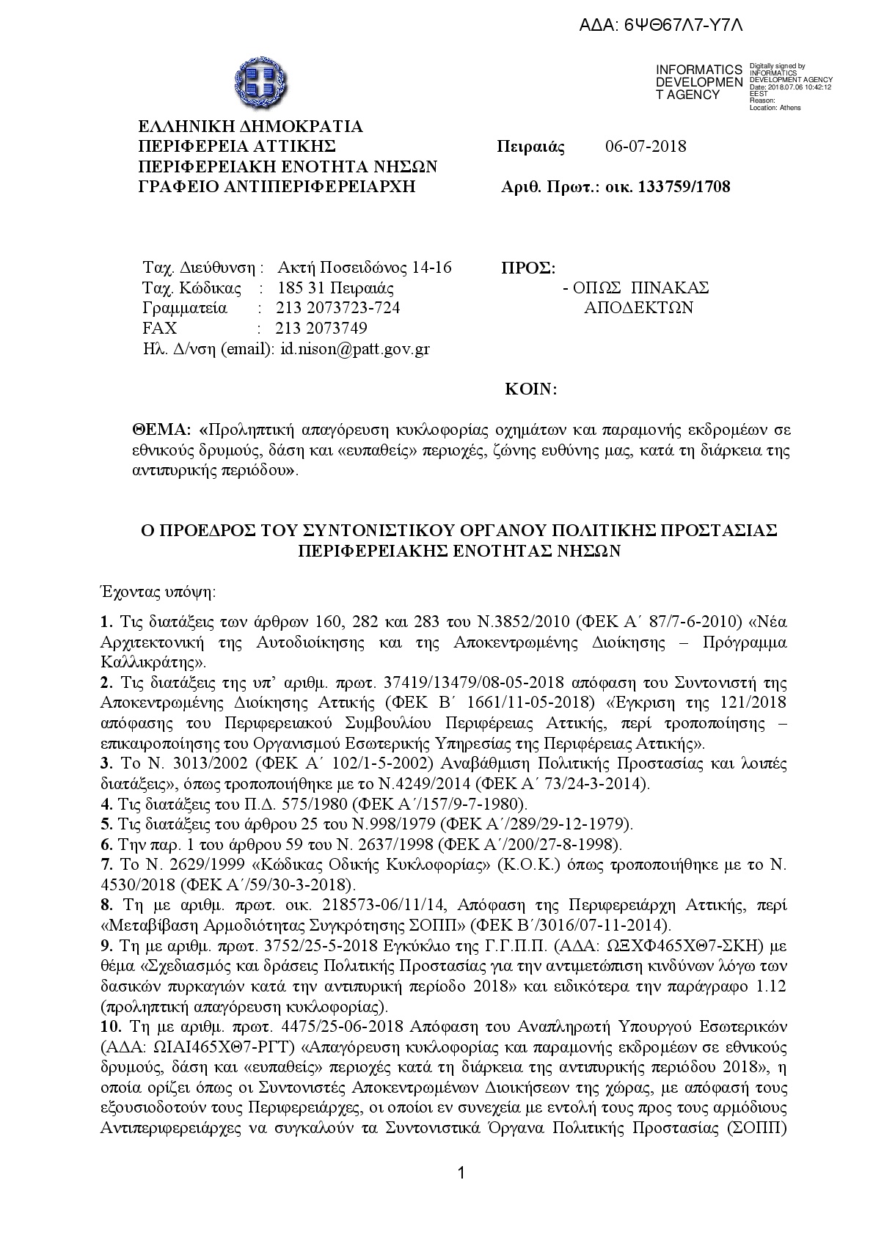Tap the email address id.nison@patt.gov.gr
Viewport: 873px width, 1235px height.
(355, 349)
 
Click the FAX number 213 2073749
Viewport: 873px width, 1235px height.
(321, 329)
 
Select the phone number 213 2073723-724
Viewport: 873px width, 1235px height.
(338, 308)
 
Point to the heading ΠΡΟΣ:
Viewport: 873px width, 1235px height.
(527, 267)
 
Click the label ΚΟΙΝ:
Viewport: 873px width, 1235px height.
(531, 389)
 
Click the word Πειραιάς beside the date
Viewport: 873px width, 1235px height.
(531, 146)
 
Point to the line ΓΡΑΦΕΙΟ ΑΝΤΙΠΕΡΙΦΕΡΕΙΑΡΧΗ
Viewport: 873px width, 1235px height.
(277, 186)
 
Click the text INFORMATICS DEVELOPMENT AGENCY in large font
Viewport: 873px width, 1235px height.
(699, 82)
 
